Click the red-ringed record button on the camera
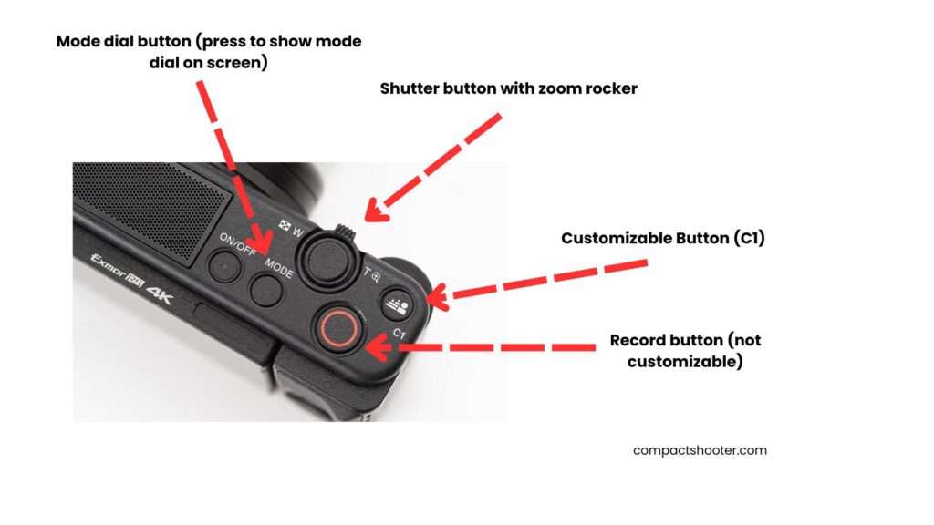coord(338,328)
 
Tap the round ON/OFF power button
coord(224,266)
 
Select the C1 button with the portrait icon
coord(396,304)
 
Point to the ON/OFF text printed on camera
coord(238,243)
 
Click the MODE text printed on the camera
coord(279,268)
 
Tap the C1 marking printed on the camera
coord(400,334)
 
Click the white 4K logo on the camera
coord(159,294)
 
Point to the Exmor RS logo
coord(117,271)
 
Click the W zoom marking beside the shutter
coord(297,232)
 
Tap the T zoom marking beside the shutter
coord(368,272)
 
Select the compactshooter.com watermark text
coord(700,450)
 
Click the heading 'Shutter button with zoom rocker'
coord(509,88)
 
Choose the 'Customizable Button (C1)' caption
coord(663,238)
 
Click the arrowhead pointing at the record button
coord(378,347)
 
